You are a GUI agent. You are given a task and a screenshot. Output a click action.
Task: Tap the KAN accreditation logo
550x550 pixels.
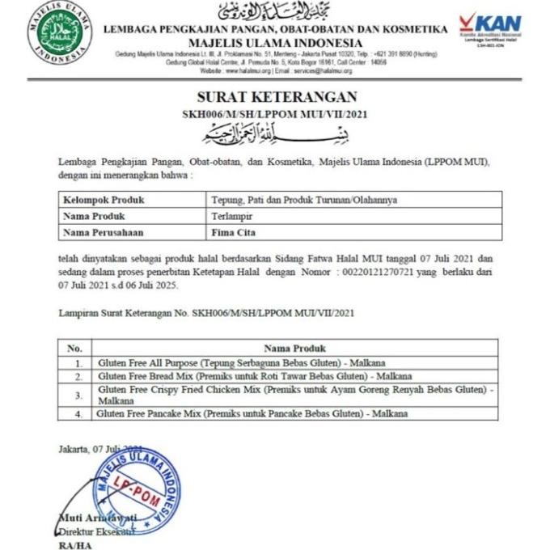(490, 27)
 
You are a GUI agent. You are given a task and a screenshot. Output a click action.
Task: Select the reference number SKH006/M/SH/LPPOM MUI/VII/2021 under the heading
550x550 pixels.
(275, 113)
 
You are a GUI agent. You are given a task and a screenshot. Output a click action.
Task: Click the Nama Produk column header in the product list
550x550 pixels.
(294, 348)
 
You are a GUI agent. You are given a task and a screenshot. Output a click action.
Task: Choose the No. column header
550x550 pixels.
(75, 348)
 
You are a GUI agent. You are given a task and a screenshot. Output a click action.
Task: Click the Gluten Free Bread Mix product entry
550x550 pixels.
(255, 376)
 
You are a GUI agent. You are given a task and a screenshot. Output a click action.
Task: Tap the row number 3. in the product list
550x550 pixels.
(78, 395)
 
